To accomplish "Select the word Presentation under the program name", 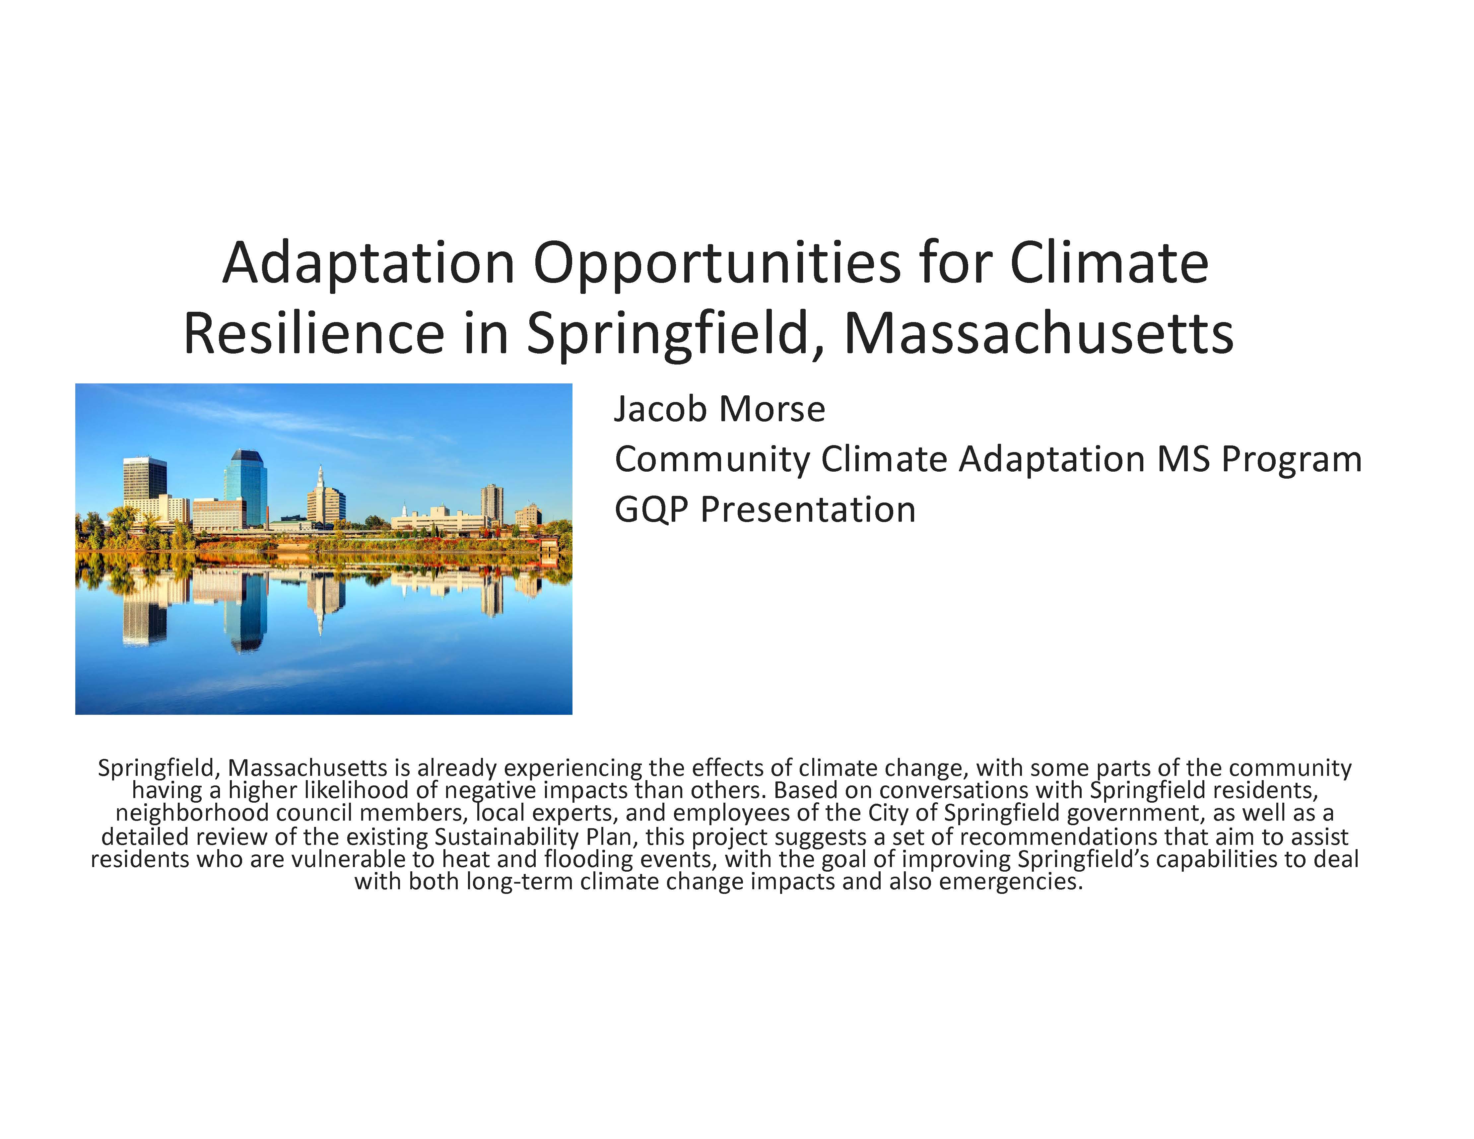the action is click(x=808, y=509).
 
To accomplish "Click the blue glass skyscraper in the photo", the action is click(x=245, y=487).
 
